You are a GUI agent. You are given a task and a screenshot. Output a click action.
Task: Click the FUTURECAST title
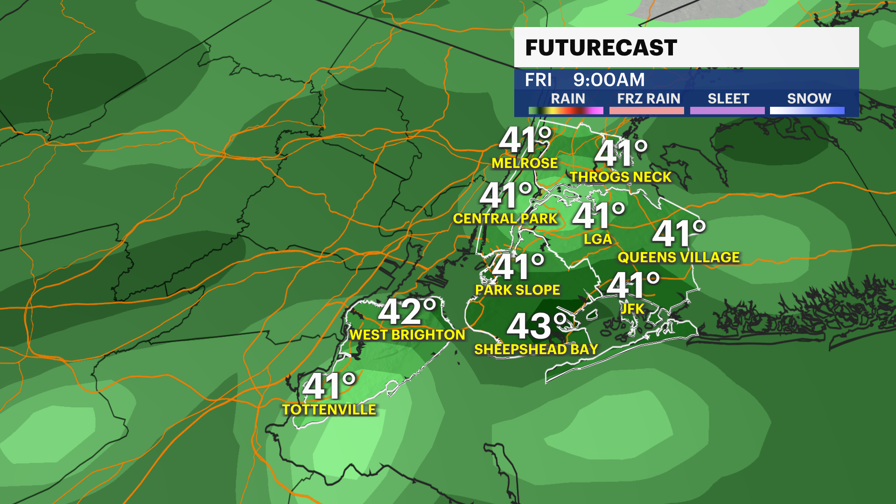pyautogui.click(x=601, y=48)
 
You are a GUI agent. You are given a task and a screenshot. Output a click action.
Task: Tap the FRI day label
pyautogui.click(x=538, y=80)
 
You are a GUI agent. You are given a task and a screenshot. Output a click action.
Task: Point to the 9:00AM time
pyautogui.click(x=609, y=80)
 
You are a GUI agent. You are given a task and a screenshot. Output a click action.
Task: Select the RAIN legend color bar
pyautogui.click(x=566, y=111)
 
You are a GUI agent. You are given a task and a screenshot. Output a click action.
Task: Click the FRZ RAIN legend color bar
pyautogui.click(x=646, y=111)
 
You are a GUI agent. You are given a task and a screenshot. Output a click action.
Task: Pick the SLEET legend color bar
pyautogui.click(x=727, y=111)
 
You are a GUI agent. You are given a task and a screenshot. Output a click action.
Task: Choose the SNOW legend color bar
pyautogui.click(x=807, y=111)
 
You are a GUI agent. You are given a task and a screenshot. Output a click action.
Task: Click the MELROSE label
pyautogui.click(x=525, y=163)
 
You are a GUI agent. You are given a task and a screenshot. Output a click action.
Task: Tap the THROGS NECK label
pyautogui.click(x=621, y=177)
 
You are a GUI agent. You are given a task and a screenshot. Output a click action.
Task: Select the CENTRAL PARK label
pyautogui.click(x=505, y=218)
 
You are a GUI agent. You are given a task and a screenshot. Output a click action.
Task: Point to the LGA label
pyautogui.click(x=598, y=239)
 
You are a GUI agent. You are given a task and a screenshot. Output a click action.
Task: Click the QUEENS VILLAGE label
pyautogui.click(x=679, y=257)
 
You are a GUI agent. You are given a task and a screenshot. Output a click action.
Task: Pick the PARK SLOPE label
pyautogui.click(x=518, y=290)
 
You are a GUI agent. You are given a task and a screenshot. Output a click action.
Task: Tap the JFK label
pyautogui.click(x=633, y=308)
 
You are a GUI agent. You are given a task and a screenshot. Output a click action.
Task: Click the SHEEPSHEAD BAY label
pyautogui.click(x=536, y=349)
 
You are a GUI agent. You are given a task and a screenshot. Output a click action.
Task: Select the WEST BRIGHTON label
pyautogui.click(x=407, y=335)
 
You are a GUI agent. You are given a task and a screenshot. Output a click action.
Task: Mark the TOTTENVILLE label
pyautogui.click(x=329, y=410)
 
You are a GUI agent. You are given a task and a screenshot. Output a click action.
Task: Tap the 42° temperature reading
pyautogui.click(x=407, y=311)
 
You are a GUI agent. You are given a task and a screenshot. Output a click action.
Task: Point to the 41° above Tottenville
pyautogui.click(x=329, y=386)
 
